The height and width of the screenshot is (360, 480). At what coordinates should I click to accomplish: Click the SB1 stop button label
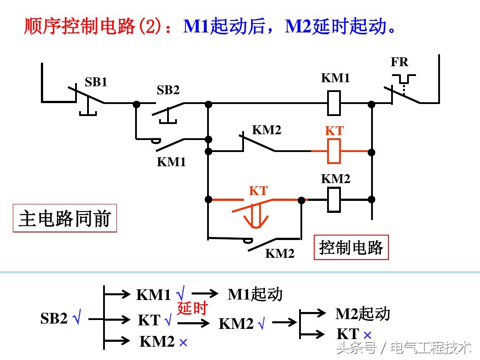[x=96, y=82]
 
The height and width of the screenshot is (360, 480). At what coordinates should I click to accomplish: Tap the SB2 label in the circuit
[x=168, y=90]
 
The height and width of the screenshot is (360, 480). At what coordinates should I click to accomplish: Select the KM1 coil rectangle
[x=334, y=103]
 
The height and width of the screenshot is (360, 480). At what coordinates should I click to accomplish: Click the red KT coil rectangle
[x=334, y=151]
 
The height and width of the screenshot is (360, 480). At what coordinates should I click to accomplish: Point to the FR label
[x=399, y=62]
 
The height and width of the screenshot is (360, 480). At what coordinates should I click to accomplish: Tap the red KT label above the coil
[x=334, y=131]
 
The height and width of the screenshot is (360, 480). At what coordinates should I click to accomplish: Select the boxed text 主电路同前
[x=65, y=219]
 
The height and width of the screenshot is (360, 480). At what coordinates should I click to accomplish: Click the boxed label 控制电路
[x=351, y=248]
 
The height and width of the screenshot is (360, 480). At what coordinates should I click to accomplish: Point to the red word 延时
[x=192, y=308]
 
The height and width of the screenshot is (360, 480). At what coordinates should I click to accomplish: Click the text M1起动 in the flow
[x=255, y=294]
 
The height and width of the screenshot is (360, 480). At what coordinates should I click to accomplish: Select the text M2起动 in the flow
[x=363, y=314]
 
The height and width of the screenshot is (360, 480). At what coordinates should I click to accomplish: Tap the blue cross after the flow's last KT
[x=367, y=335]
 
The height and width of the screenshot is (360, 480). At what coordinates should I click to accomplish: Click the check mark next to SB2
[x=77, y=319]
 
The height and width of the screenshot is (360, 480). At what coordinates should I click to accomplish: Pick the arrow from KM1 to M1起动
[x=205, y=293]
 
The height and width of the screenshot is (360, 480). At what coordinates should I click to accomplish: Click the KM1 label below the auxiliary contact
[x=171, y=162]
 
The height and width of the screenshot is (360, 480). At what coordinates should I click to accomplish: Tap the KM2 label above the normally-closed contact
[x=267, y=130]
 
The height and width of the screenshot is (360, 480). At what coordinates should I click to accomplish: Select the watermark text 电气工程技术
[x=431, y=347]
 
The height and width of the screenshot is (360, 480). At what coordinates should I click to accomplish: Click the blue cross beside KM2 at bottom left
[x=183, y=343]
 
